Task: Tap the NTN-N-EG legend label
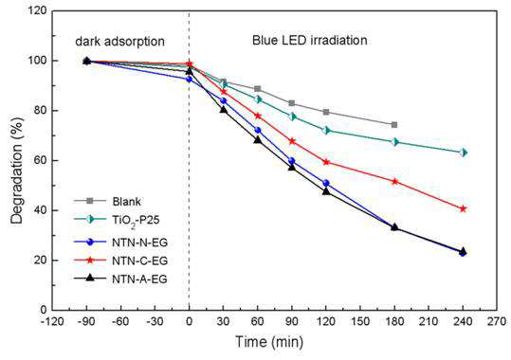coord(139,243)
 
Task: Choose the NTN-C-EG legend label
coord(139,261)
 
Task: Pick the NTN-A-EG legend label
coord(139,279)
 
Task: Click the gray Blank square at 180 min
coord(394,125)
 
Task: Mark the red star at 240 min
coord(463,208)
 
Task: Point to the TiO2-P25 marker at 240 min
coord(463,153)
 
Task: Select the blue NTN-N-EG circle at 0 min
coord(189,80)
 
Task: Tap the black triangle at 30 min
coord(223,110)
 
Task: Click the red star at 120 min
coord(326,162)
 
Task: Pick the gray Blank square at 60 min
coord(258,89)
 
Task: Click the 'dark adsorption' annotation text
coord(119,42)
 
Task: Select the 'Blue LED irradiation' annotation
coord(310,40)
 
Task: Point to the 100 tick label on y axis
coord(39,61)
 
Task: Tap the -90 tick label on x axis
coord(86,322)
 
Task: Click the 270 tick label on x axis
coord(497,322)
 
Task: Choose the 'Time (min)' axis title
coord(269,342)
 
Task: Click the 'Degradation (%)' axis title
coord(17,171)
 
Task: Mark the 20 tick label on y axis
coord(41,261)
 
